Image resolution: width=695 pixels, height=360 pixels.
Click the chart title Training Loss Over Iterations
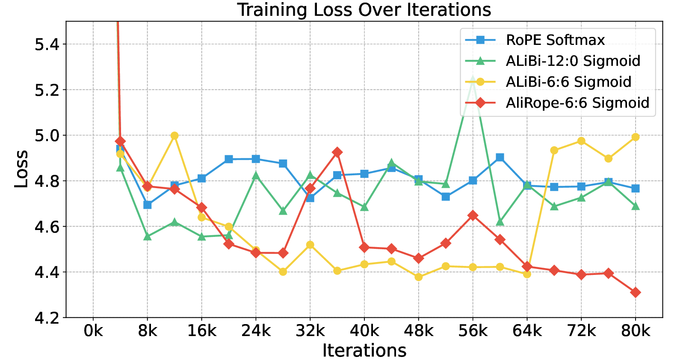(x=364, y=9)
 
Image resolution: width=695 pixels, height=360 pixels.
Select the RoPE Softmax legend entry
(x=555, y=40)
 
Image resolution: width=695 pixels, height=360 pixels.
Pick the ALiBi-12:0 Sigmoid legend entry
(x=573, y=61)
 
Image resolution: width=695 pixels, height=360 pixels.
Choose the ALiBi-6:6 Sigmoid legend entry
(x=568, y=82)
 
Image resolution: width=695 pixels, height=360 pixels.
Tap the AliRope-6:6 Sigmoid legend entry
(x=577, y=103)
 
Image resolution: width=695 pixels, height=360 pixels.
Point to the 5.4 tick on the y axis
(x=47, y=44)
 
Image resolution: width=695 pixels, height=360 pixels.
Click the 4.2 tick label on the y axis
(x=47, y=318)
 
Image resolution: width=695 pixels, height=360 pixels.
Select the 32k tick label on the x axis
(x=310, y=331)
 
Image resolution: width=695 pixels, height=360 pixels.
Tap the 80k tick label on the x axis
(x=635, y=331)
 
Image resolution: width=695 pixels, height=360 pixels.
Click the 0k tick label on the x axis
(x=93, y=331)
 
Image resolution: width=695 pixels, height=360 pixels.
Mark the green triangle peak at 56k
(x=473, y=80)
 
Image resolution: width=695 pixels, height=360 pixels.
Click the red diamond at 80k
(x=635, y=292)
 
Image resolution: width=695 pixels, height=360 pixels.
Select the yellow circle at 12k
(x=174, y=136)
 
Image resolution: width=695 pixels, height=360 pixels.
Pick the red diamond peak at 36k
(x=337, y=152)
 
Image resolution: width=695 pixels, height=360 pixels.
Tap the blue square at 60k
(x=500, y=157)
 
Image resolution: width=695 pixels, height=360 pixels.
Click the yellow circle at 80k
(x=635, y=137)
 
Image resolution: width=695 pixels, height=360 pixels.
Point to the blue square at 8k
(x=148, y=205)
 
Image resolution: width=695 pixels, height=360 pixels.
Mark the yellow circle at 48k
(x=418, y=277)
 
